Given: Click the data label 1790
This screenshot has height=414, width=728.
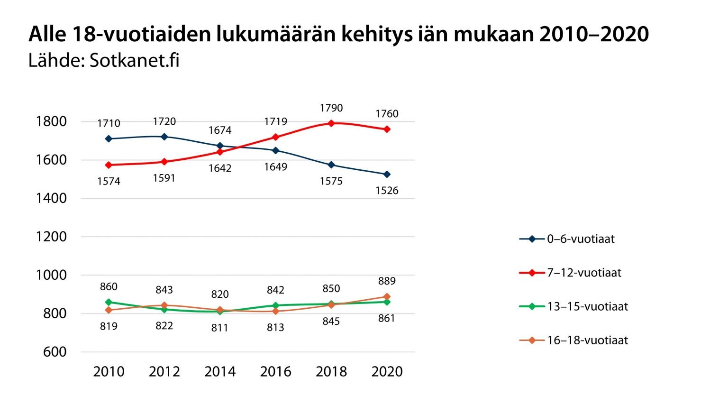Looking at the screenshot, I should tap(331, 108).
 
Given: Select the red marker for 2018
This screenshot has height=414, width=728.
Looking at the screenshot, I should tap(331, 123).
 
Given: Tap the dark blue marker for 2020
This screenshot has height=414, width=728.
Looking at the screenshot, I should tap(387, 175).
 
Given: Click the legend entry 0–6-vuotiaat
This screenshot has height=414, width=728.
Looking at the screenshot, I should tap(580, 239).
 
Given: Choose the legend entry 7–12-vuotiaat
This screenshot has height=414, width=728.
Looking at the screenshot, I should tap(583, 273).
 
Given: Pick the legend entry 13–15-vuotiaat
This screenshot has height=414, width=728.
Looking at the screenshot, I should tap(587, 306).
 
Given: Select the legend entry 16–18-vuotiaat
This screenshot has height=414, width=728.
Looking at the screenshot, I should tap(587, 340).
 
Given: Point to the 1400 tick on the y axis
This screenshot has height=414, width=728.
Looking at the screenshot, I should tap(51, 198).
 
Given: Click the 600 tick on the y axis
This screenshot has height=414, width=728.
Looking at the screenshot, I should tap(55, 352).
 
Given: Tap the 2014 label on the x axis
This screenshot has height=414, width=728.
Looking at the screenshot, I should tap(220, 371).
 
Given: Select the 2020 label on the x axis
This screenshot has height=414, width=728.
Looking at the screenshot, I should tap(387, 371).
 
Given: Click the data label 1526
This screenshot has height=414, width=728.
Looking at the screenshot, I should tap(387, 191).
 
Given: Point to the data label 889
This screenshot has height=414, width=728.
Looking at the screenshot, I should tap(387, 281).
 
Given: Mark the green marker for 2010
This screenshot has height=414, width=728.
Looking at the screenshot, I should tap(109, 302).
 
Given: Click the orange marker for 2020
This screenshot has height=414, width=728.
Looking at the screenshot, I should tap(387, 297).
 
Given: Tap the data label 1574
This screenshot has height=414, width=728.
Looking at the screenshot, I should tap(109, 181).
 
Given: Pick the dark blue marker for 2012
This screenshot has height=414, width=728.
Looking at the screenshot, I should tap(164, 137).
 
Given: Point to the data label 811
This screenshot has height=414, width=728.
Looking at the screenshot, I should tap(220, 328).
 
